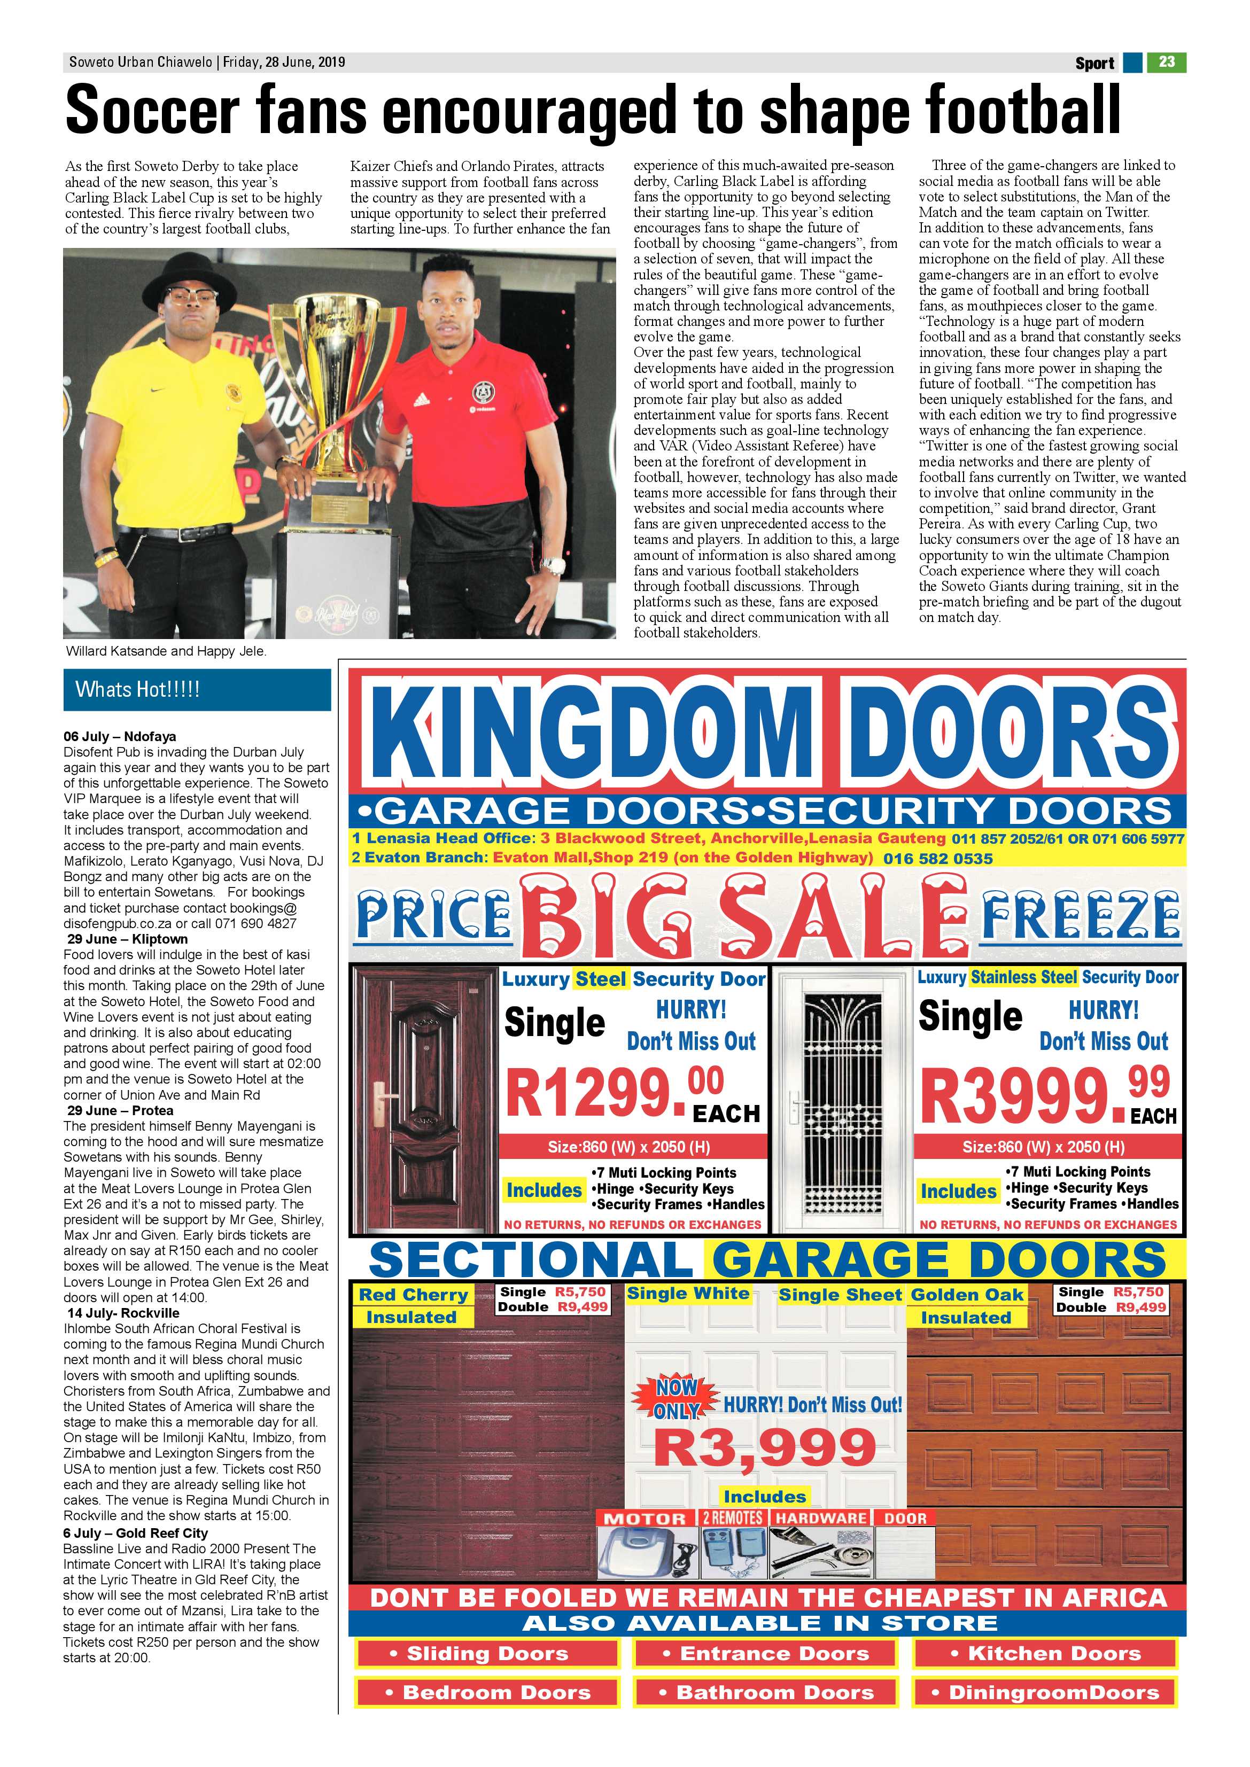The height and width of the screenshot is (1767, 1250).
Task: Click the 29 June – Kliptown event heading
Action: [x=127, y=939]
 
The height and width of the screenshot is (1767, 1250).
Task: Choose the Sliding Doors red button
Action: [x=487, y=1653]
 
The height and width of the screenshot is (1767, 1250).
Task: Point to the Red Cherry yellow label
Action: [x=413, y=1295]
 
